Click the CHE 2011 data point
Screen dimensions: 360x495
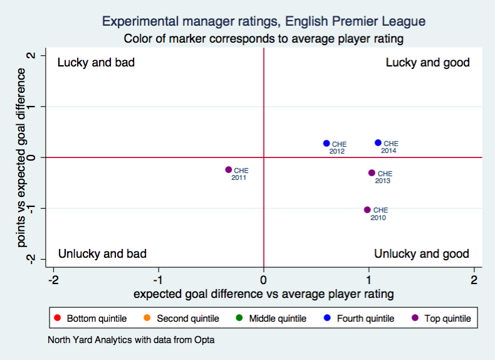click(229, 169)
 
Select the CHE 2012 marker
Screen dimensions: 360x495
click(326, 143)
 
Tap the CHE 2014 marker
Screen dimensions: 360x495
click(378, 143)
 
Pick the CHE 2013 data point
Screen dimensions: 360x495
click(372, 172)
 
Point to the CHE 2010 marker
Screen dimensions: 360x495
click(367, 209)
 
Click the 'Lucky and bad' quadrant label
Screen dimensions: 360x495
click(96, 63)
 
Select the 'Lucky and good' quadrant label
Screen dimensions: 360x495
click(427, 63)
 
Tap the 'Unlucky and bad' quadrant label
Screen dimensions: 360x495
click(102, 253)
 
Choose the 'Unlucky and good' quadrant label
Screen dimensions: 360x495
click(421, 253)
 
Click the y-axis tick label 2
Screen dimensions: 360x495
click(31, 56)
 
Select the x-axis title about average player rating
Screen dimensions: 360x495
click(264, 292)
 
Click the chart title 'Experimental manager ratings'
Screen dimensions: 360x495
click(264, 22)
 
